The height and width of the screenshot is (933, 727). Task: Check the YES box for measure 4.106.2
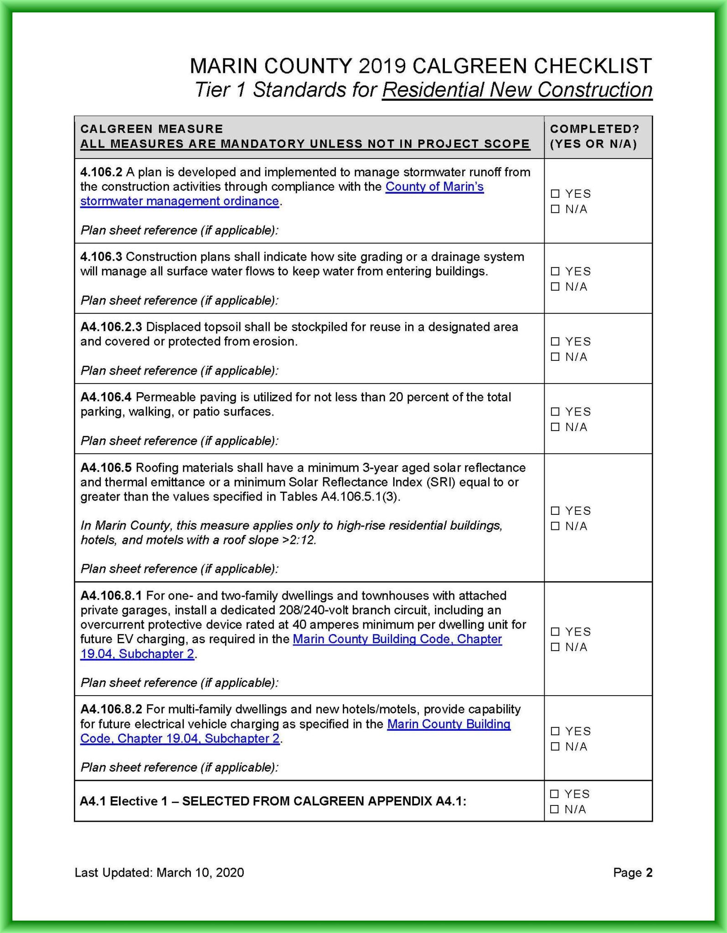click(555, 194)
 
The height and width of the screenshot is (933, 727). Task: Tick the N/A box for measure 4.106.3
click(555, 287)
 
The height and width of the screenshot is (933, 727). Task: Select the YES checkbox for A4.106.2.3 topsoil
click(555, 341)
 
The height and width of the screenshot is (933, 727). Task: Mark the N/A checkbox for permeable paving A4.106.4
click(555, 427)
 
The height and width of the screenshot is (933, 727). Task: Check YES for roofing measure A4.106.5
click(555, 511)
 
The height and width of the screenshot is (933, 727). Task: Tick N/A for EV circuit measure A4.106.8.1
click(555, 647)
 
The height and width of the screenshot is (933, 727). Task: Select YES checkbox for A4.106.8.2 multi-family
click(555, 731)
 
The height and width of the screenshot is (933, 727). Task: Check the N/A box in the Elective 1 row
click(554, 809)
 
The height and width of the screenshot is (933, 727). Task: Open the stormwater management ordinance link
click(180, 201)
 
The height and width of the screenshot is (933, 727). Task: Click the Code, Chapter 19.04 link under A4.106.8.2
click(180, 738)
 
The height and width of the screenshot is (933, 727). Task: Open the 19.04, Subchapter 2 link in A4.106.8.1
click(137, 654)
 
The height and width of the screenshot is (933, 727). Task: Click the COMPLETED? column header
click(594, 129)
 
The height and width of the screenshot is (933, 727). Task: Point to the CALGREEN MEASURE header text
click(151, 129)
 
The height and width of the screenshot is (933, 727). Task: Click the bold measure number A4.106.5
click(106, 468)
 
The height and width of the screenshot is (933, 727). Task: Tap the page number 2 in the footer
click(649, 872)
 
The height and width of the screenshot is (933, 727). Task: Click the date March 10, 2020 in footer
click(200, 872)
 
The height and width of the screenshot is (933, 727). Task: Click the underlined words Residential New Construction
click(517, 90)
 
